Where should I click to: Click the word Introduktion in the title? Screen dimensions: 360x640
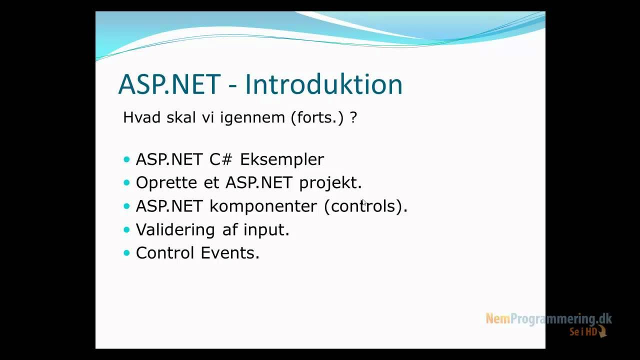[x=323, y=84]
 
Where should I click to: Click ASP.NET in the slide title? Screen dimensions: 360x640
[x=169, y=84]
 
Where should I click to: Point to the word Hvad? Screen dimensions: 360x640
[x=139, y=117]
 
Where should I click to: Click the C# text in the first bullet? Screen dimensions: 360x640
[x=221, y=159]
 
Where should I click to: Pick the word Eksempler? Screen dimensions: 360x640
[x=282, y=159]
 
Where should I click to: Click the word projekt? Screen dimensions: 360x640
[x=330, y=183]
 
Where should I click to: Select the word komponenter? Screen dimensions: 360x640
[x=263, y=206]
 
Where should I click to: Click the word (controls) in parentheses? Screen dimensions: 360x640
[x=365, y=206]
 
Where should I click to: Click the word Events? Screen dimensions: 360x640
[x=230, y=253]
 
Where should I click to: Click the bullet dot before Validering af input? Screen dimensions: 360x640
[x=126, y=229]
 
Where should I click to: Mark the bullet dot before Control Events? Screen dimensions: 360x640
[x=126, y=253]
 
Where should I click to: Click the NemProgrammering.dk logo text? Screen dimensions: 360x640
[x=548, y=318]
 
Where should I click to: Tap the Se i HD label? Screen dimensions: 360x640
[x=583, y=331]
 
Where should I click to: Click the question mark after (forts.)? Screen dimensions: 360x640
[x=353, y=118]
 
